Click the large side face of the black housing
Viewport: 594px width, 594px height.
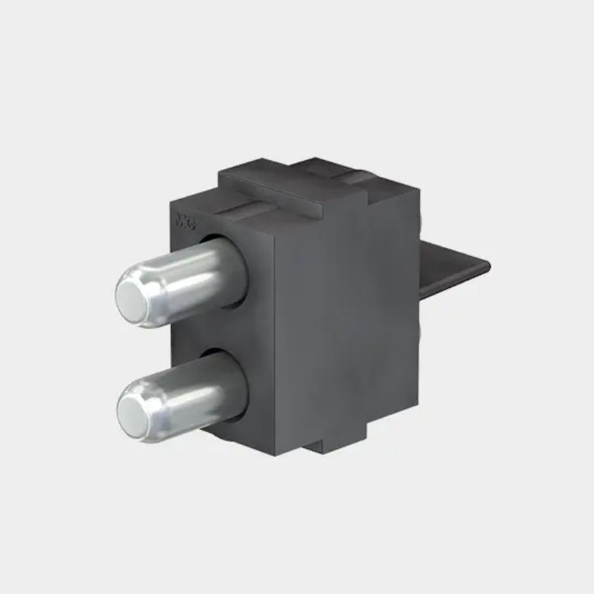point(342,319)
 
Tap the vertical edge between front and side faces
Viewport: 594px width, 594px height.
point(271,342)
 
